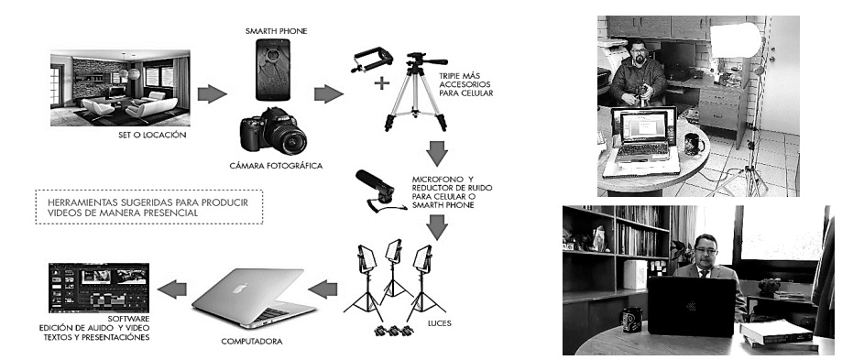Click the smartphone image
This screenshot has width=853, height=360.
274,69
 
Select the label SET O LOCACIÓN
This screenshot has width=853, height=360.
152,135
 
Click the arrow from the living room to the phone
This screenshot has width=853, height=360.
212,93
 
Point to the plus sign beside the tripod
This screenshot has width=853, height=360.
382,82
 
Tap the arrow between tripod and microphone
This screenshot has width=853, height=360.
436,153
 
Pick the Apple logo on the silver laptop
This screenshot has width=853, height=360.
239,288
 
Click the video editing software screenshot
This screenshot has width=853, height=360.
99,288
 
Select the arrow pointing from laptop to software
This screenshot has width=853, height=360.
172,289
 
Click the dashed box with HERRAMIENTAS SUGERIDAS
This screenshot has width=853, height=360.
149,207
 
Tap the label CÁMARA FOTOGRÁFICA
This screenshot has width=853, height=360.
277,165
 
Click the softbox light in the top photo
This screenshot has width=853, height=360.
736,39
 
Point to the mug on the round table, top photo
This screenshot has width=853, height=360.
694,144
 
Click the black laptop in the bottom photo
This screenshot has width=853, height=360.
692,306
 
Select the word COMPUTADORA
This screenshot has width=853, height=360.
252,342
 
